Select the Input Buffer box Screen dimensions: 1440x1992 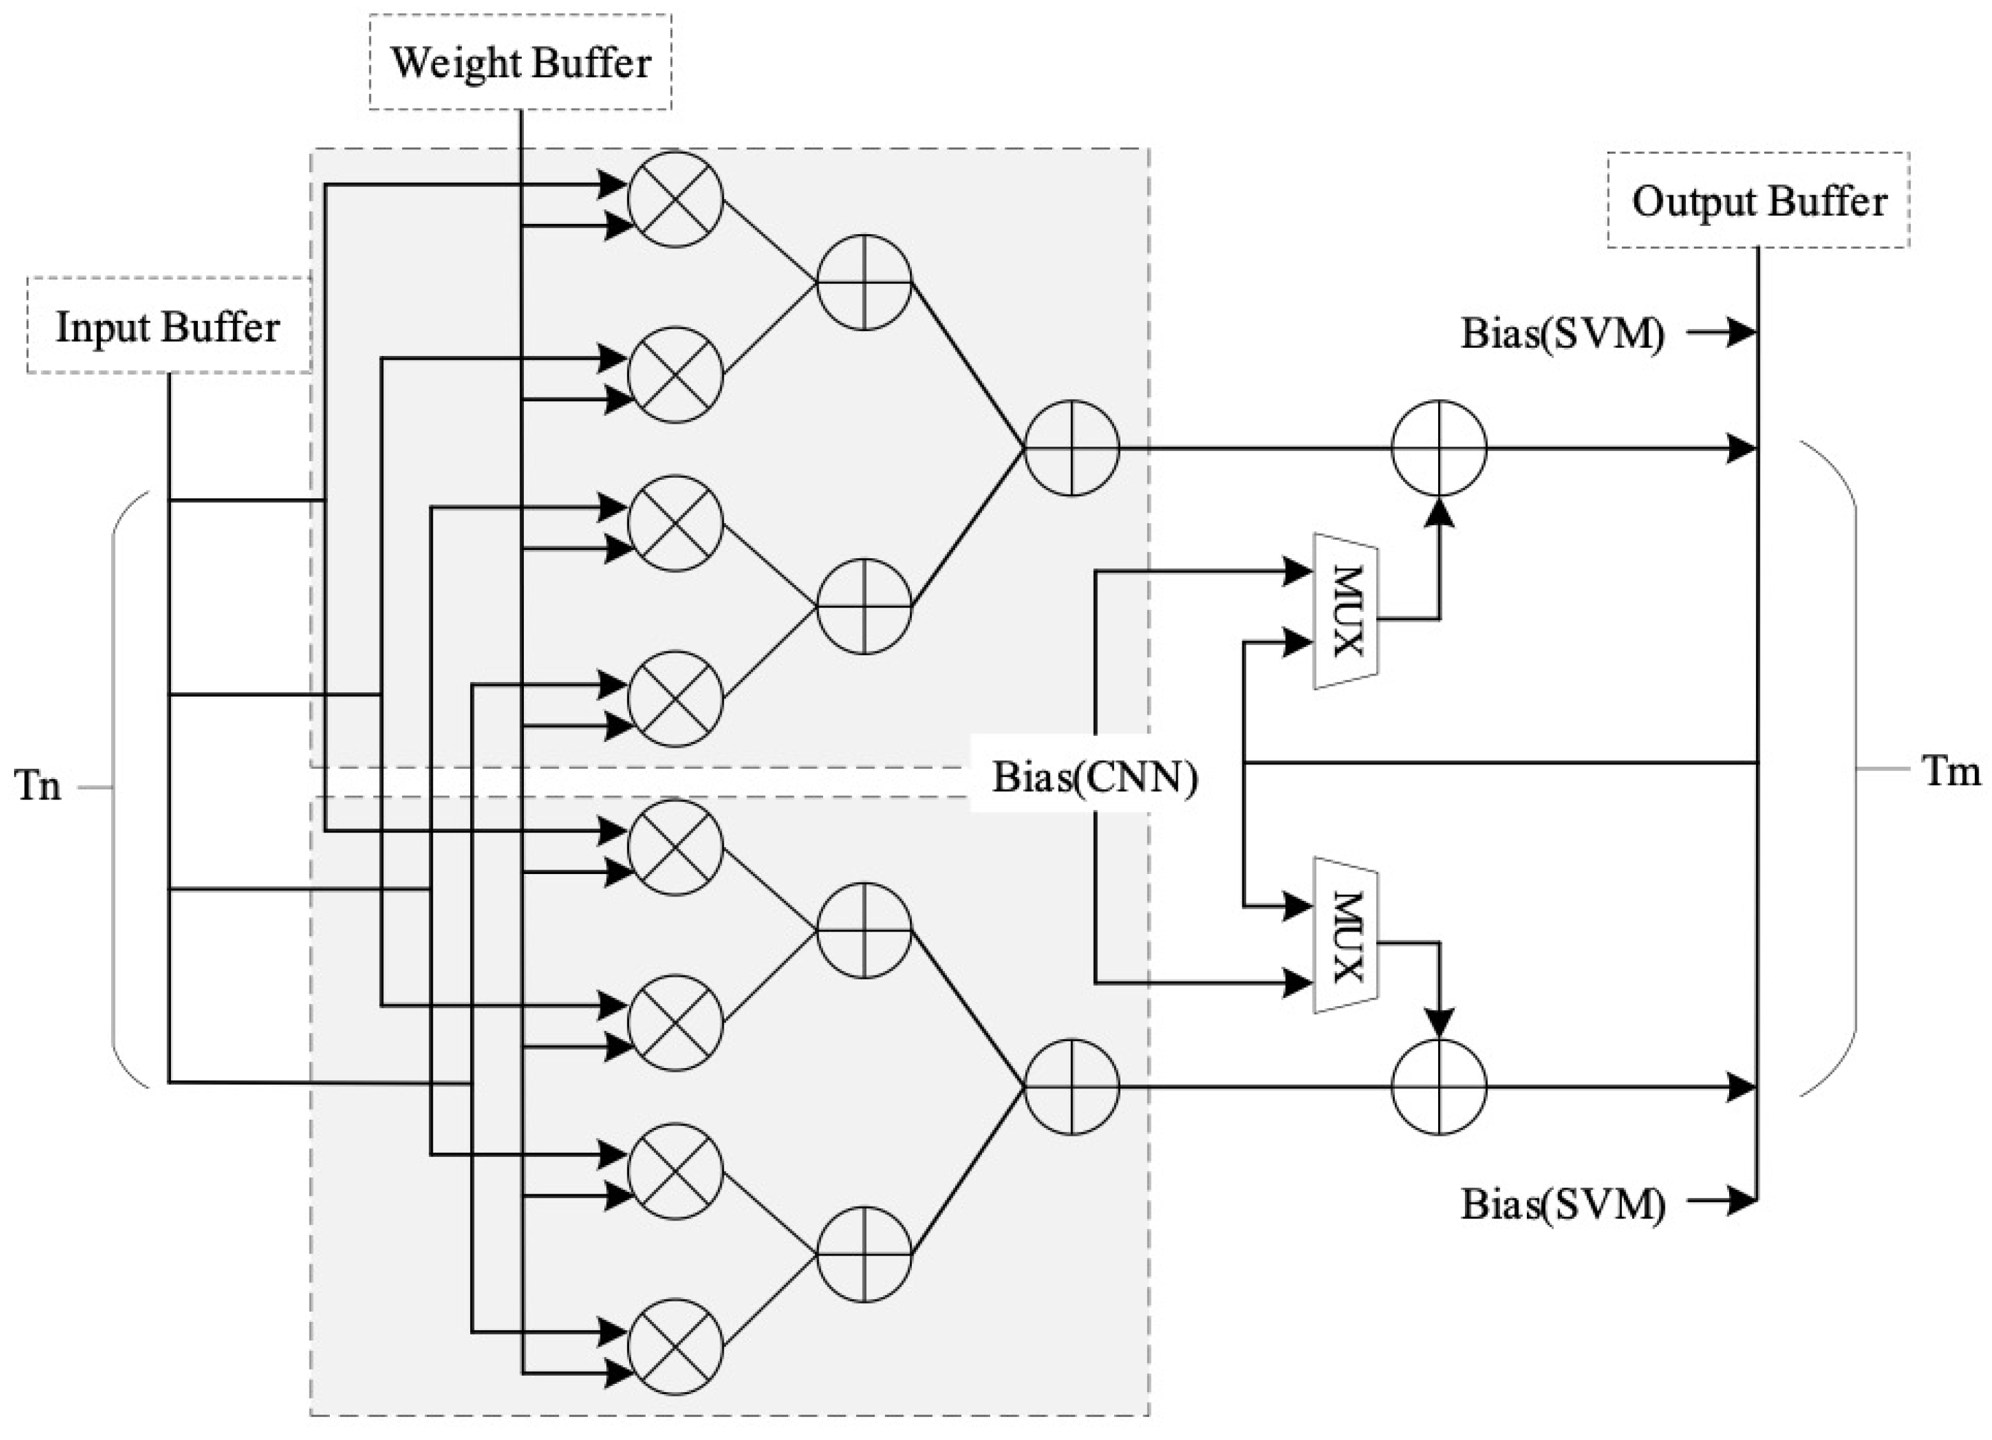click(168, 327)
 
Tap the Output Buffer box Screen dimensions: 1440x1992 click(1758, 201)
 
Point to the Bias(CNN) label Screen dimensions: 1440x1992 click(1094, 777)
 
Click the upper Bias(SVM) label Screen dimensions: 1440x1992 click(1561, 334)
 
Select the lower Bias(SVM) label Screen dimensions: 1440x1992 click(1561, 1205)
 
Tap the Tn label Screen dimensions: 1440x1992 click(39, 786)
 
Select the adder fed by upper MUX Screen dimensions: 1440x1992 click(1439, 449)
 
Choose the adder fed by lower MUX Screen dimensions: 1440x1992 click(1439, 1087)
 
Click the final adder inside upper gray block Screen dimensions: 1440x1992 click(1071, 449)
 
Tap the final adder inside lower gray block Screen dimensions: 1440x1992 click(1071, 1087)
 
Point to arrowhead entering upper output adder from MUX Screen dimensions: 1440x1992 click(1439, 513)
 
